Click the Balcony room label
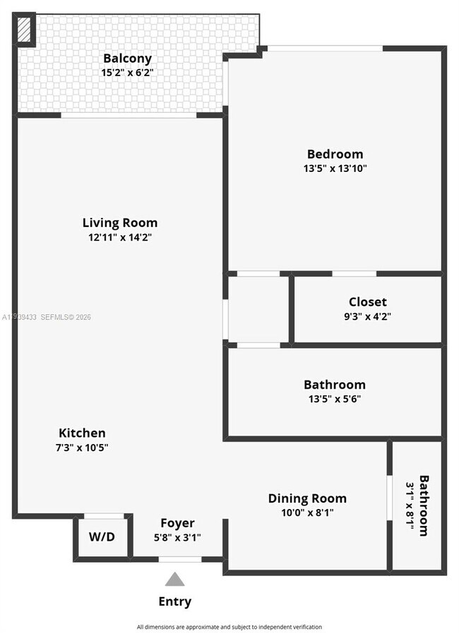tap(127, 59)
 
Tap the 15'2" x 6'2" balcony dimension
tap(127, 72)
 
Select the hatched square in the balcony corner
tap(25, 30)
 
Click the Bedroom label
tap(335, 154)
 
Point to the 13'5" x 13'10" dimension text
tap(335, 168)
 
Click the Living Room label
tap(120, 223)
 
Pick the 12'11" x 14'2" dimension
tap(120, 238)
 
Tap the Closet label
tap(367, 302)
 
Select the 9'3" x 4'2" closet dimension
tap(367, 316)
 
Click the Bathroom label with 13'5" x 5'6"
tap(335, 385)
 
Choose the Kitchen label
tap(82, 433)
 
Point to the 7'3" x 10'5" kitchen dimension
tap(83, 447)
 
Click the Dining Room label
tap(307, 498)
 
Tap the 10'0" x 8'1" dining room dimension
tap(307, 512)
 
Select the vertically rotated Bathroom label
tap(424, 505)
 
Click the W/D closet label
tap(102, 536)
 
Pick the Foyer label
tap(177, 523)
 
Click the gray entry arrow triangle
tap(174, 579)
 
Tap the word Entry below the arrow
tap(174, 601)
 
